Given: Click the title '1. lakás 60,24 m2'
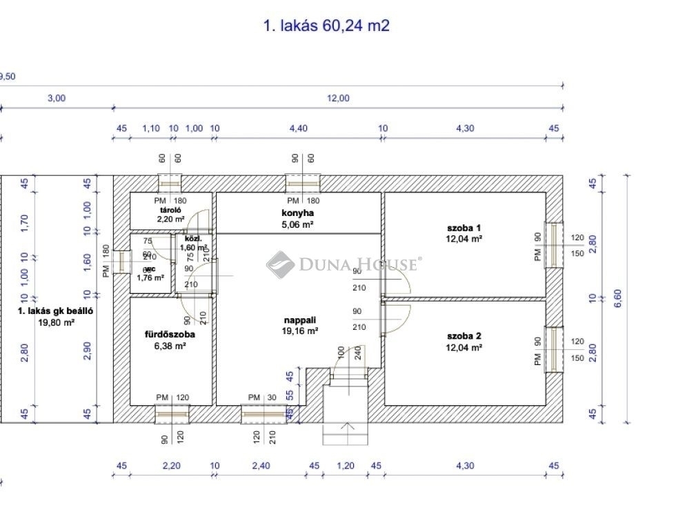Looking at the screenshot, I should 326,26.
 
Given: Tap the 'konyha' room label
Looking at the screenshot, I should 299,213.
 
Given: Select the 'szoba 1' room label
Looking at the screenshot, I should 464,228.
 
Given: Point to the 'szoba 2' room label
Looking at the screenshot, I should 464,336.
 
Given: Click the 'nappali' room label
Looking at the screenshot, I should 299,320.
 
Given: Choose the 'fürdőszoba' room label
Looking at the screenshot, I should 169,335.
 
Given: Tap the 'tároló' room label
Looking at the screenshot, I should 170,209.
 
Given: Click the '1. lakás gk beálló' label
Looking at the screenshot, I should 55,311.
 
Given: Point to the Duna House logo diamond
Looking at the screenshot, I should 280,264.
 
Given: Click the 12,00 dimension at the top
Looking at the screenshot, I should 337,99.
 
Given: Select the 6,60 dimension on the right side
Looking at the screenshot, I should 617,298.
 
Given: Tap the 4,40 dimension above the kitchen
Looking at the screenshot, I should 298,128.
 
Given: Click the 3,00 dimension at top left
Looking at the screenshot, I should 56,99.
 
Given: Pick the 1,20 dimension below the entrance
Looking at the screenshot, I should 345,466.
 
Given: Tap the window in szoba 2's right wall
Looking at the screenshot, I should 555,349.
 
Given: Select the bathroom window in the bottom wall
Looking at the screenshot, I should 171,413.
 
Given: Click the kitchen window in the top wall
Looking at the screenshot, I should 303,184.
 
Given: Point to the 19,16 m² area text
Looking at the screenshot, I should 301,331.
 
